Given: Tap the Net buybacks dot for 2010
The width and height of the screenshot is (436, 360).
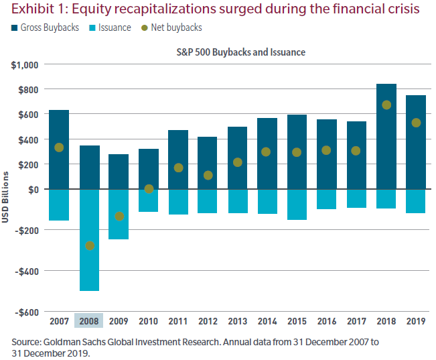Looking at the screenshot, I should coord(149,189).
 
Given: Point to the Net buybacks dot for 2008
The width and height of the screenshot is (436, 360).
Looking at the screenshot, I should coord(90,245).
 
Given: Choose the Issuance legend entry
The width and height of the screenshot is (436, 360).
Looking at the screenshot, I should coord(111,28).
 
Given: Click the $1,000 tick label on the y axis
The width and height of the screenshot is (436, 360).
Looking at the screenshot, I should coord(24,64).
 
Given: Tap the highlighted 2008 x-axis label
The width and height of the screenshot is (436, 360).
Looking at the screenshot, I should coord(88,321).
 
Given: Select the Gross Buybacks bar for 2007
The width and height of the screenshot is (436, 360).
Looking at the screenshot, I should coord(59,149).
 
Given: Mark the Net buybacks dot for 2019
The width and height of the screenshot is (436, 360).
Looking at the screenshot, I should coord(417,123).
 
